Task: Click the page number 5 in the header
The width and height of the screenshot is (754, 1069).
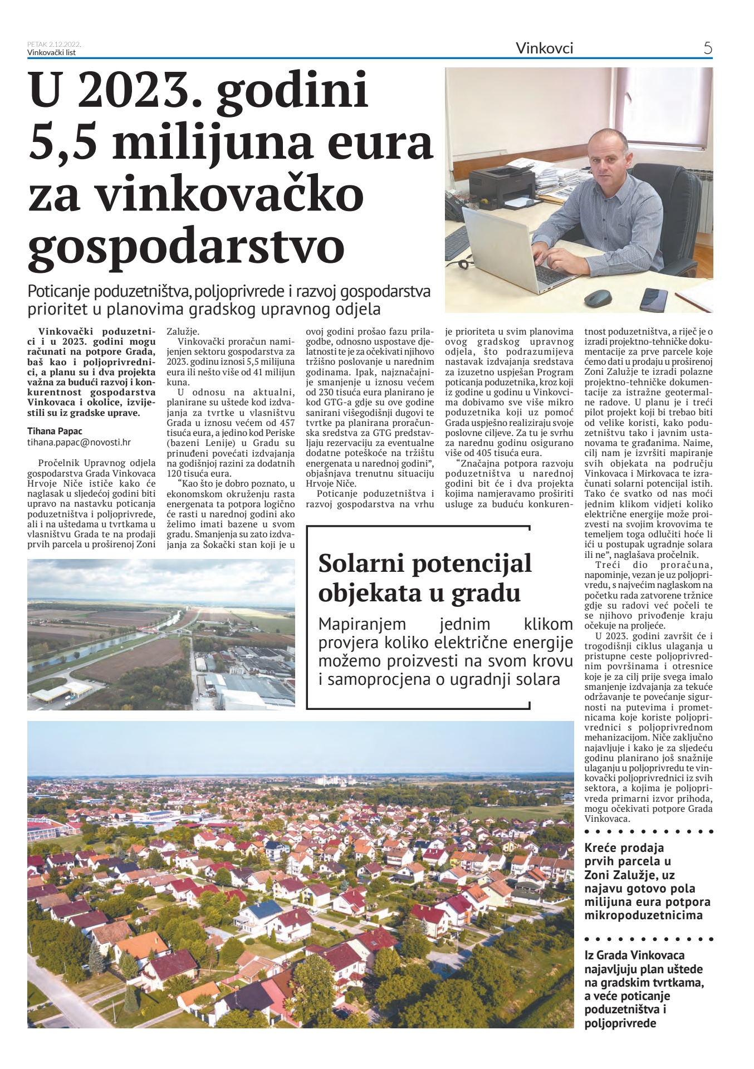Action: [708, 48]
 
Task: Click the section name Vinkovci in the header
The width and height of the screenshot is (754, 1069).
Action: [544, 48]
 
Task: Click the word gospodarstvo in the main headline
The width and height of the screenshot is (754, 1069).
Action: [186, 246]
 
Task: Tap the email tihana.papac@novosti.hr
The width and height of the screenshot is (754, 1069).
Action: [79, 442]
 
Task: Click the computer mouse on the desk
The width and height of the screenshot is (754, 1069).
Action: [598, 297]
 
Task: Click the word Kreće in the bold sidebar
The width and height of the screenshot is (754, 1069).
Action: [600, 849]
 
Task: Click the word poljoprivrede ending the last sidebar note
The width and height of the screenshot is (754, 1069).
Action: [620, 1023]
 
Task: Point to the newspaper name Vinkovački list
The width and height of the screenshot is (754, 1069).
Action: [51, 53]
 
